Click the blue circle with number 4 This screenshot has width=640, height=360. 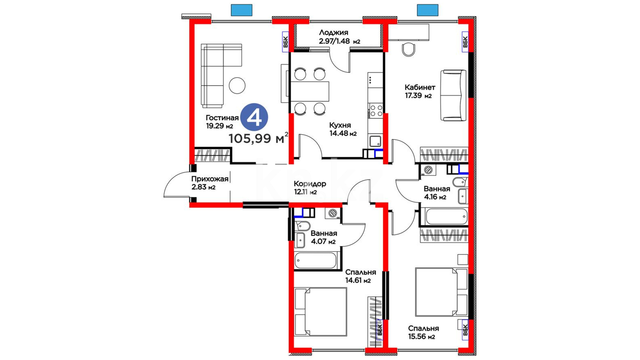coord(254,117)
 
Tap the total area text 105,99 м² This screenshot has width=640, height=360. coord(258,138)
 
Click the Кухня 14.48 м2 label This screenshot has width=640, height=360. coord(343,129)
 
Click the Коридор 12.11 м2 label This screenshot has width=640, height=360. coord(310,188)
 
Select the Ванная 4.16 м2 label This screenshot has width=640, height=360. coord(437,193)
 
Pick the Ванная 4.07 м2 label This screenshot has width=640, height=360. coord(324,237)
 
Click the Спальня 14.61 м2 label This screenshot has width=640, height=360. coord(360,276)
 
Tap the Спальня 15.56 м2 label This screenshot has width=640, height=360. coord(423,332)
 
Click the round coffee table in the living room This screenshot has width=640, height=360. coord(237,85)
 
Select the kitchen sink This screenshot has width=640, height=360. coord(375,141)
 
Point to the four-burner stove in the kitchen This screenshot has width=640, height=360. coord(376,111)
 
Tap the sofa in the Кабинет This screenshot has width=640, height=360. coord(453,95)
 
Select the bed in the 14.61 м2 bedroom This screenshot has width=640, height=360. coord(321,312)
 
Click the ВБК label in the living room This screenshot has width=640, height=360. coord(286,42)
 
